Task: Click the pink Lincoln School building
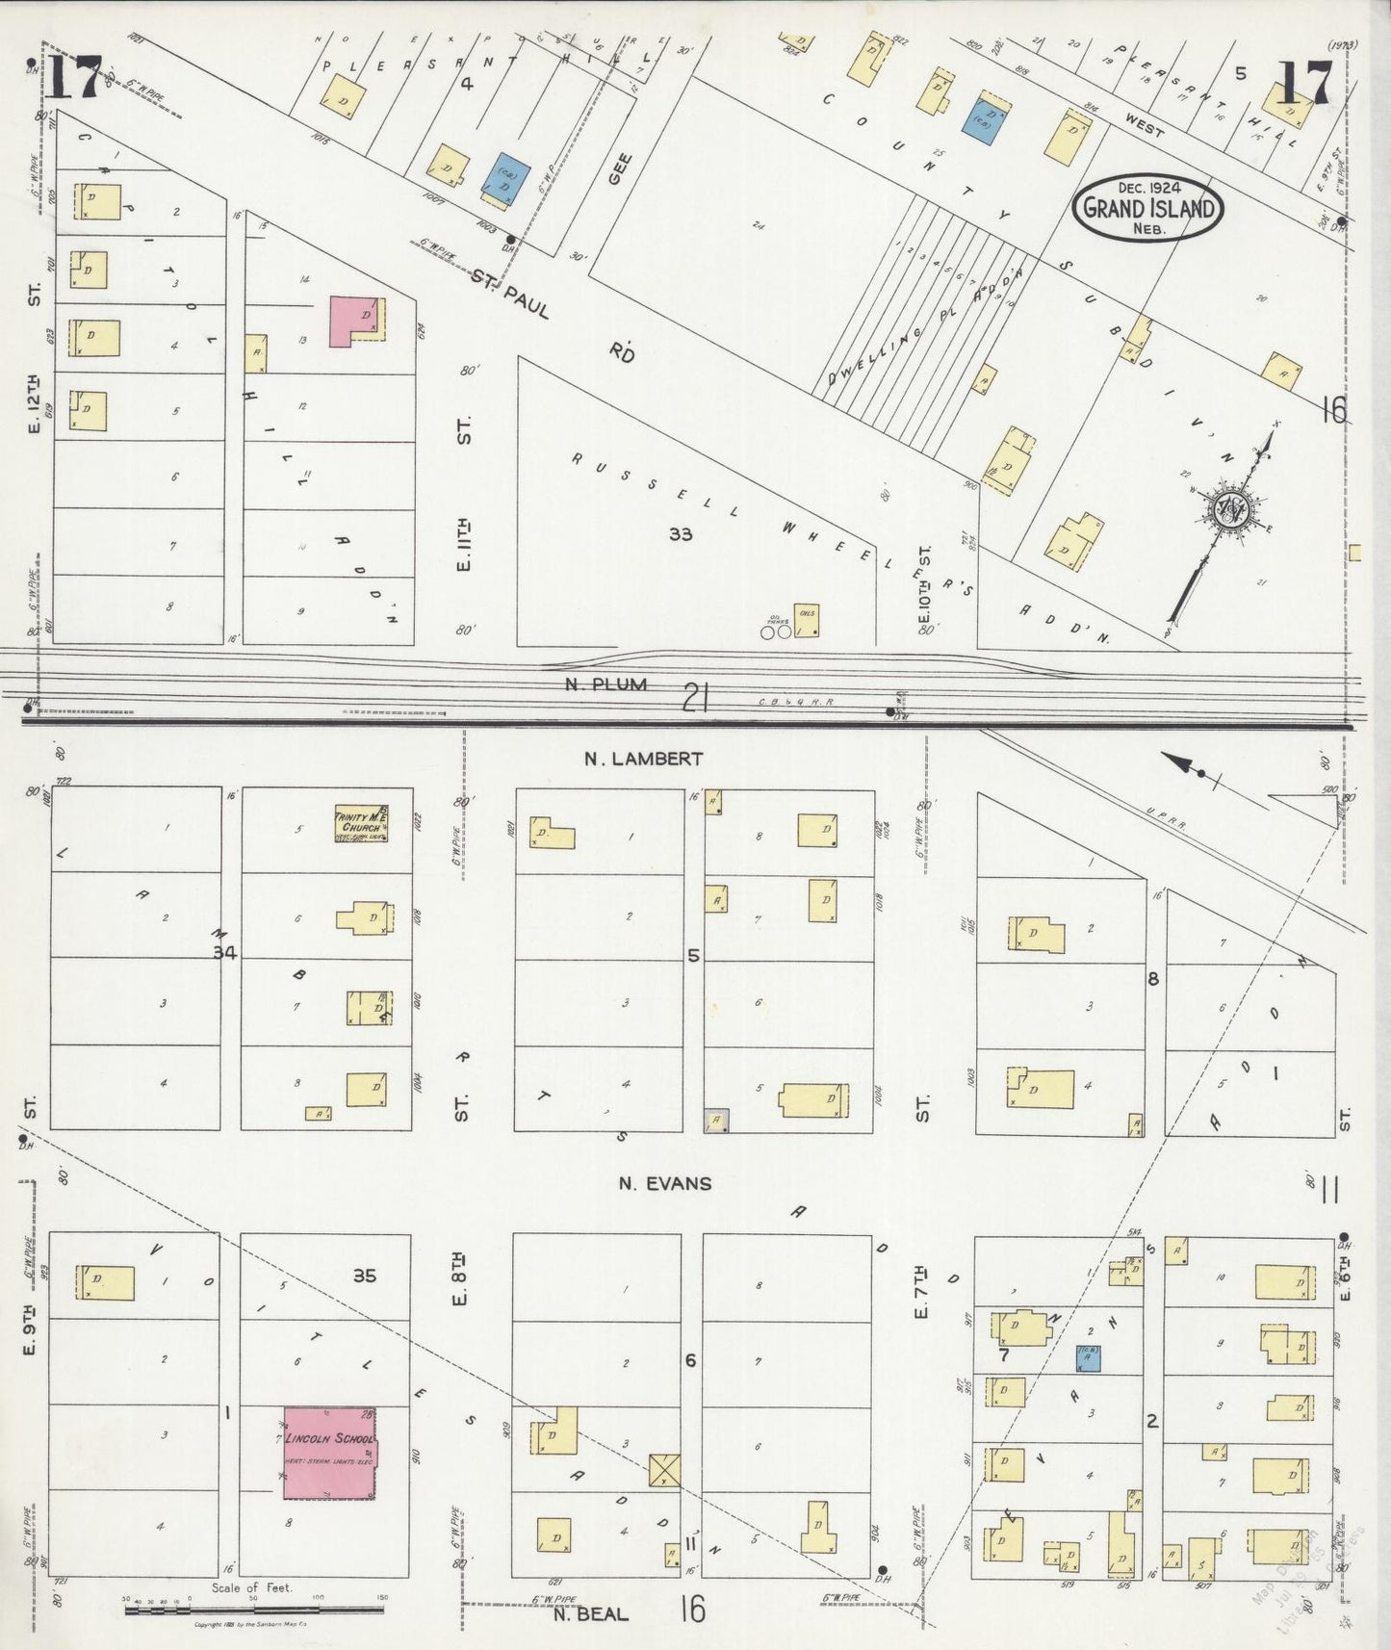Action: pyautogui.click(x=328, y=1453)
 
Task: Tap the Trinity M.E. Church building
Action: pyautogui.click(x=360, y=824)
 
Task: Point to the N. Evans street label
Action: pyautogui.click(x=664, y=1183)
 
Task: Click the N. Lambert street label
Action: pyautogui.click(x=644, y=759)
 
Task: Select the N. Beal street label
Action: pyautogui.click(x=590, y=1613)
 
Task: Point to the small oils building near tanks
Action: pyautogui.click(x=807, y=619)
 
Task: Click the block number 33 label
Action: pyautogui.click(x=681, y=533)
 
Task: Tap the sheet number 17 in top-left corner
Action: pyautogui.click(x=75, y=79)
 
